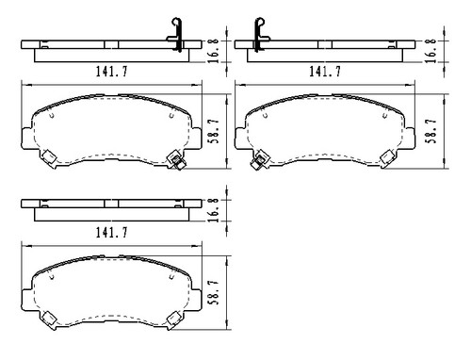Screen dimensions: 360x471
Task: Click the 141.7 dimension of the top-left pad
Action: (112, 71)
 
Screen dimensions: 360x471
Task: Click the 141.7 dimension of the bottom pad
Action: (112, 229)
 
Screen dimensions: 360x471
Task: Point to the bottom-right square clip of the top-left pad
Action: (173, 159)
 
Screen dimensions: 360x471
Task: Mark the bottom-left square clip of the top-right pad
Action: (256, 159)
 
